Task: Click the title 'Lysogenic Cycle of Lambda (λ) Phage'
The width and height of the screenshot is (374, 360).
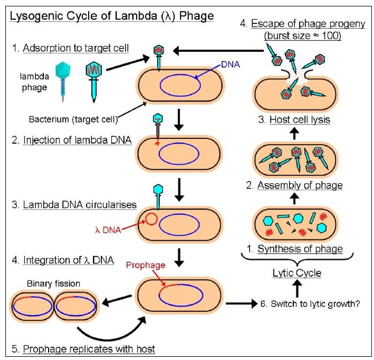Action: click(112, 15)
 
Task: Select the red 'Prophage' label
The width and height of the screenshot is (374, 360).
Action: click(145, 265)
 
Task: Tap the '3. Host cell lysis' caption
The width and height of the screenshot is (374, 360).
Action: click(294, 120)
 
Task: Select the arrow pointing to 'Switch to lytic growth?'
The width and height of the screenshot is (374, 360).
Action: click(243, 304)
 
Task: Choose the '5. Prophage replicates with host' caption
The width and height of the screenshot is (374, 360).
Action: click(83, 349)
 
